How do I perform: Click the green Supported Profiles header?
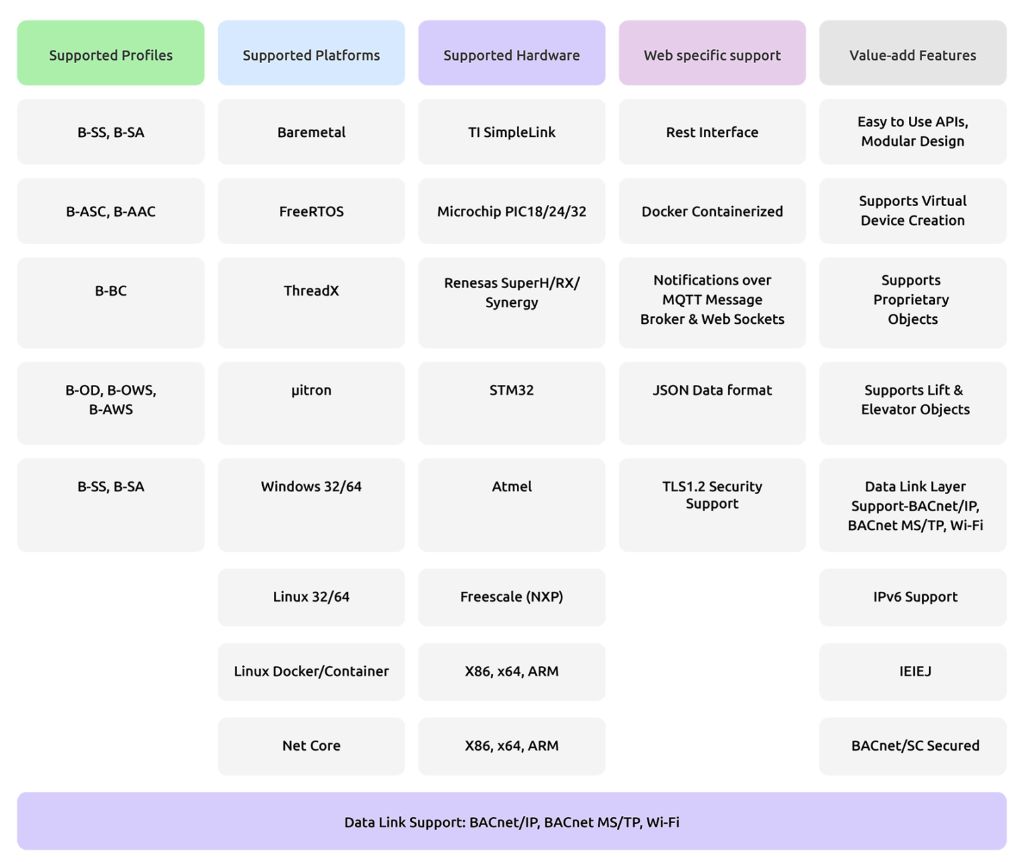110,53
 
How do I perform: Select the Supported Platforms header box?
311,53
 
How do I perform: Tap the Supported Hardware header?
511,53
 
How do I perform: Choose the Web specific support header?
712,53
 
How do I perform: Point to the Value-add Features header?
912,53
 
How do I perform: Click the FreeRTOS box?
311,211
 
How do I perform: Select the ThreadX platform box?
311,303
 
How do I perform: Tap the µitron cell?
311,402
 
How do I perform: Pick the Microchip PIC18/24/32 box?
511,211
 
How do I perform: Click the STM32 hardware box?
511,402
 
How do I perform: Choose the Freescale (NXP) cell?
511,597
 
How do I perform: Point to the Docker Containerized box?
712,211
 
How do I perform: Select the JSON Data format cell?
712,402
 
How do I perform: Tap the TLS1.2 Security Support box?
712,504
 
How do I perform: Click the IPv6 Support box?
912,597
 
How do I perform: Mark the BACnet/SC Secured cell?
912,746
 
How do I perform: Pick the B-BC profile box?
110,303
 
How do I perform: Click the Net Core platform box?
311,746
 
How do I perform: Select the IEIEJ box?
912,672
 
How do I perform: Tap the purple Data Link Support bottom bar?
511,821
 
